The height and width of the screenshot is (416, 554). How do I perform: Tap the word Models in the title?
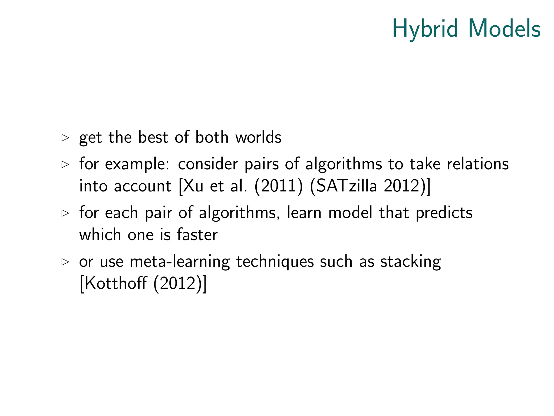tap(504, 28)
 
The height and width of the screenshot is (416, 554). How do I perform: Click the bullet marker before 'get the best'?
tap(65, 138)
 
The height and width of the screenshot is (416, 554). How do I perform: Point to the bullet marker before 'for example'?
tap(65, 164)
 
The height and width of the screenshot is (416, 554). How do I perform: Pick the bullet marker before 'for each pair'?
tap(65, 213)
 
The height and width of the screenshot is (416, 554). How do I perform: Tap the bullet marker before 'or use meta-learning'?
tap(65, 262)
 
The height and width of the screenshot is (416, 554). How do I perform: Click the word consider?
tap(208, 164)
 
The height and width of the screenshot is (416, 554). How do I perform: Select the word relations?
tap(478, 164)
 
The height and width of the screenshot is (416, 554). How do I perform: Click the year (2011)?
tap(278, 186)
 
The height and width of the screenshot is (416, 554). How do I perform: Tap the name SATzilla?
tap(347, 186)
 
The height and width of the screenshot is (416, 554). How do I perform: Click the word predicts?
tap(444, 213)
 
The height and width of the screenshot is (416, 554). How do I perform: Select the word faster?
tap(197, 235)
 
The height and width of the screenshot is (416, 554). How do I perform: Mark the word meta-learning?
tap(180, 262)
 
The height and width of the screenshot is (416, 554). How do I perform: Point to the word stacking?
tap(410, 262)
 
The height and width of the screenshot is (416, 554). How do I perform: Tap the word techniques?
tap(275, 262)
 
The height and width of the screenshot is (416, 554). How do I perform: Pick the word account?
tap(143, 186)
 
